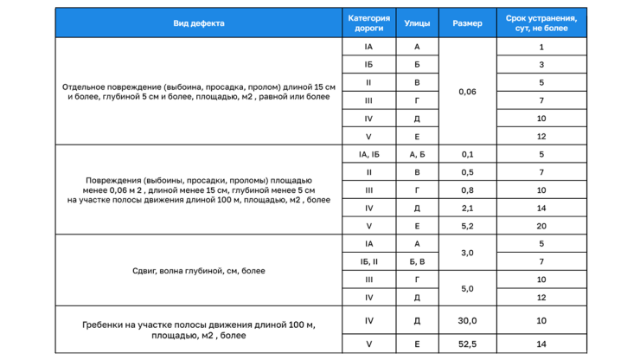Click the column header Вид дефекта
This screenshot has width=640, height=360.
[198, 23]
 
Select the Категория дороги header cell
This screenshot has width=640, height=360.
[368, 23]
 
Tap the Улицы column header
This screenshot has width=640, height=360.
[417, 23]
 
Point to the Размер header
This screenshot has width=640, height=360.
[467, 23]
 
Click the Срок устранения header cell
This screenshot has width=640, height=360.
[541, 23]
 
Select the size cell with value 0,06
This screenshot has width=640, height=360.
[467, 91]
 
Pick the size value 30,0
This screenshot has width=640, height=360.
[467, 320]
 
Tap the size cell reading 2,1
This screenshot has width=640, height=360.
[467, 208]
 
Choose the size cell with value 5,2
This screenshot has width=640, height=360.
[467, 226]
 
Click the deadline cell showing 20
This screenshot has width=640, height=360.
[541, 226]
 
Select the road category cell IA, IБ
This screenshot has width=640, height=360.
[368, 154]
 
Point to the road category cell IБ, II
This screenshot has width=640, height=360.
[368, 261]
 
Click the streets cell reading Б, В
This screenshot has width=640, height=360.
[417, 261]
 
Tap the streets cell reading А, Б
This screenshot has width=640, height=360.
[417, 154]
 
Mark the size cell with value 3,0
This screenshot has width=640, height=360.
[467, 253]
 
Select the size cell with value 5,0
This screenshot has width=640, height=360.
[467, 288]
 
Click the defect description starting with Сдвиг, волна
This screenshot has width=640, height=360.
[198, 271]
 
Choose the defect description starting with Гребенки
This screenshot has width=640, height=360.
[198, 330]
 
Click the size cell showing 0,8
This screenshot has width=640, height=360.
[467, 190]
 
